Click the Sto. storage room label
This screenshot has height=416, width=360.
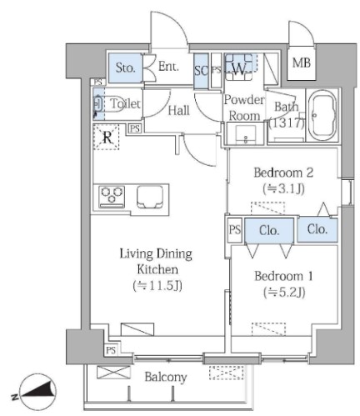click(x=125, y=68)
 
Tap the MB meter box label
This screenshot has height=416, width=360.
click(x=302, y=63)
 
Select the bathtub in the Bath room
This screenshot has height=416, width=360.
click(x=322, y=115)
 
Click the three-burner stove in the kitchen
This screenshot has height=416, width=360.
click(x=112, y=197)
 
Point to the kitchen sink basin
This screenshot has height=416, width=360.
click(x=150, y=197)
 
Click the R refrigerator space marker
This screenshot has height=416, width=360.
click(x=107, y=138)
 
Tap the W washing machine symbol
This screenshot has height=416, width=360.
click(x=239, y=68)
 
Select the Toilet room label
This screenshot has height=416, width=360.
click(x=125, y=103)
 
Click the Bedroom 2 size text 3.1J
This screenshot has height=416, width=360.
click(x=283, y=189)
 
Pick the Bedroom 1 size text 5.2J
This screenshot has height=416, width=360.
click(x=284, y=293)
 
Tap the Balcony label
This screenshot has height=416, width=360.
click(x=166, y=377)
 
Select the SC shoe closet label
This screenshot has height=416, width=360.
click(x=201, y=71)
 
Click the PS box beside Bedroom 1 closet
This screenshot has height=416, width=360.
click(x=235, y=230)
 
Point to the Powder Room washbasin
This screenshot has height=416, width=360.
click(x=245, y=133)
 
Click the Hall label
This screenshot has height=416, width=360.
click(x=178, y=110)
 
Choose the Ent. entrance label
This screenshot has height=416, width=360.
click(x=168, y=67)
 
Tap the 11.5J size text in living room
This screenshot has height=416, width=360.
click(x=157, y=285)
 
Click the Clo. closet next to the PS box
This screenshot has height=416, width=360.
click(x=269, y=230)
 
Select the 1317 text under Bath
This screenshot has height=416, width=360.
click(x=287, y=123)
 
